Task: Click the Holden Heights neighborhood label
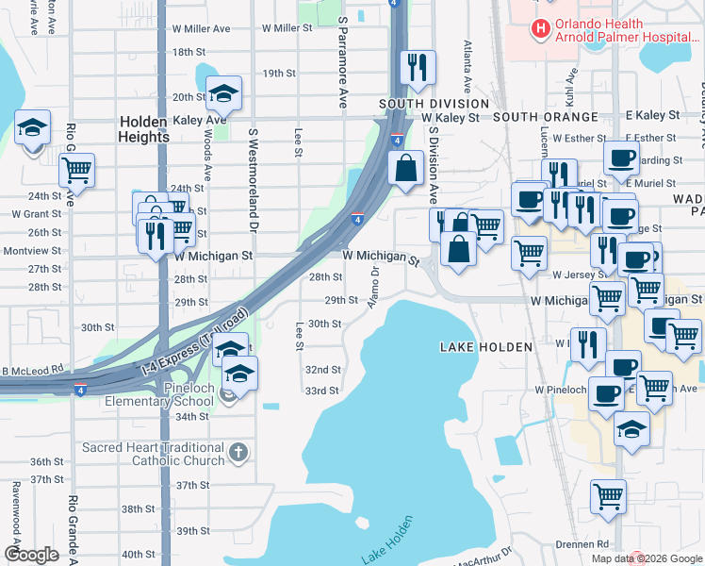(x=144, y=129)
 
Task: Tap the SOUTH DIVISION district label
(x=434, y=104)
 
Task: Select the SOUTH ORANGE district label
(x=545, y=117)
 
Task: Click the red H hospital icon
(x=540, y=29)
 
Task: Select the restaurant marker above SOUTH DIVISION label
(x=417, y=68)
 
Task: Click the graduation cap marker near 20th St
(x=223, y=94)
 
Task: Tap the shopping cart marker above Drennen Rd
(x=609, y=494)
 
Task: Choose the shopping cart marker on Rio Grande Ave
(x=76, y=171)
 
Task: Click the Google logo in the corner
(x=31, y=555)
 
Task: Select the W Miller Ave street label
(x=201, y=29)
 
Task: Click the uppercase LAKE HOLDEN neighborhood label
(x=486, y=348)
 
